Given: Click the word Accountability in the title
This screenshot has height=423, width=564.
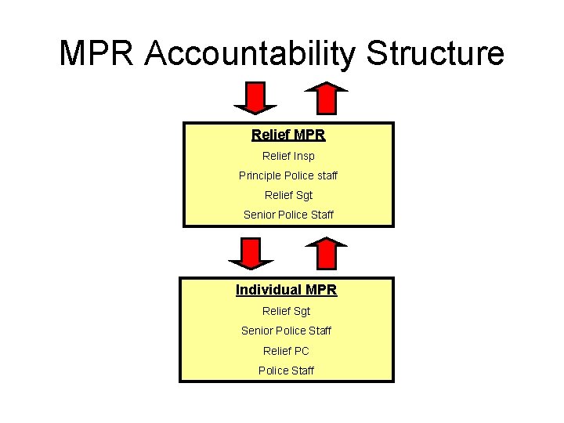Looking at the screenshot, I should pos(254,55).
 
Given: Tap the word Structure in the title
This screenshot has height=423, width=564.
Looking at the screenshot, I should pos(436,55).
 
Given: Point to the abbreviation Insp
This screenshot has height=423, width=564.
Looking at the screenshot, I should pos(305,157).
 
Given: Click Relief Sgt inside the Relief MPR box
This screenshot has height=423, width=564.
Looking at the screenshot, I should pos(287,196).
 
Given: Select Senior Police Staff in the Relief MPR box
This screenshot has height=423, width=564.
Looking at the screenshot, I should pos(287,215).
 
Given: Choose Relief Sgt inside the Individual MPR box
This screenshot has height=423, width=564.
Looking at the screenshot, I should pos(286,312).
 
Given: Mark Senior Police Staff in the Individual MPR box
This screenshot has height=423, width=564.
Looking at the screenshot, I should pos(286,331).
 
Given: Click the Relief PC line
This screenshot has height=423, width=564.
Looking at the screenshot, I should pos(286,351).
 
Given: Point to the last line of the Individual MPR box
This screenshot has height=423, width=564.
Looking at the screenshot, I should pos(286,371).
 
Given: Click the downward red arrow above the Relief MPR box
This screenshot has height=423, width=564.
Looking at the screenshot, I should pos(255,98).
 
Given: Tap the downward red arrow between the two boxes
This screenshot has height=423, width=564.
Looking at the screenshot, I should pos(251,253).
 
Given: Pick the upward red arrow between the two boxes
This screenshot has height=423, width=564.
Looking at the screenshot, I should pos(326,251).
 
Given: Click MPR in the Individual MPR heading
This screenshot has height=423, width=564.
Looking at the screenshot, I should pos(321,291).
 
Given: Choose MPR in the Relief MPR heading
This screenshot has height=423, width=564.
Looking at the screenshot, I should pos(311,136).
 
